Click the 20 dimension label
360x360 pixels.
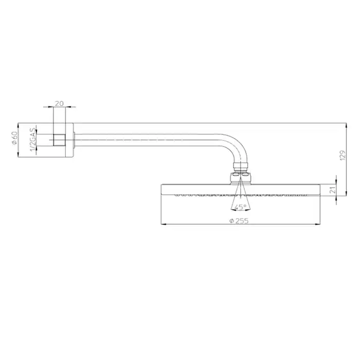click(x=59, y=103)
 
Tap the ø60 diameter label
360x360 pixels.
click(x=15, y=138)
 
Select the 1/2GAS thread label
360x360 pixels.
click(x=33, y=140)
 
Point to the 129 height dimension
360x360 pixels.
click(x=343, y=155)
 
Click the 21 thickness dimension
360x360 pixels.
click(x=333, y=190)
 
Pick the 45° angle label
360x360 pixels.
click(x=240, y=207)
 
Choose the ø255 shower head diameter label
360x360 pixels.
click(x=239, y=221)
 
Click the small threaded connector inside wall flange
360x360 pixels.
click(x=60, y=140)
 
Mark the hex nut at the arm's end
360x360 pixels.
click(x=240, y=166)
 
